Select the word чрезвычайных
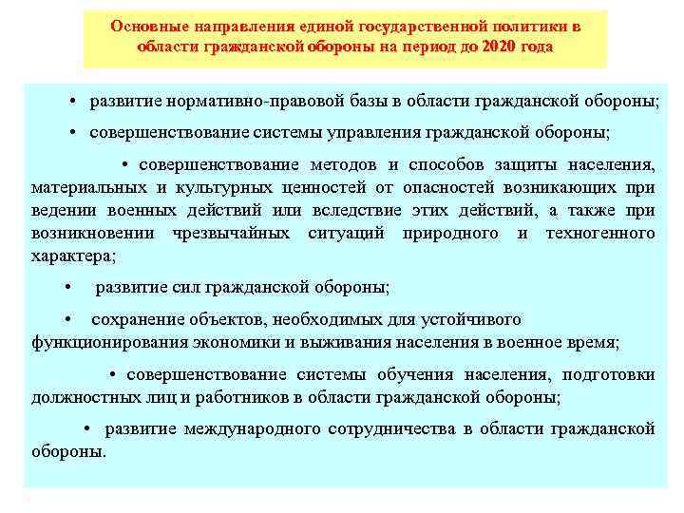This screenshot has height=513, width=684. (x=234, y=234)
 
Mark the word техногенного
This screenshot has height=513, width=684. (x=600, y=234)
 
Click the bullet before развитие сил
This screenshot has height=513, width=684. (x=69, y=287)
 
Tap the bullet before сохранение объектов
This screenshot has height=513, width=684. (x=69, y=319)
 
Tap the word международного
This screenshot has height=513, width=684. (x=252, y=429)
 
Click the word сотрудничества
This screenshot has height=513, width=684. (x=391, y=429)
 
